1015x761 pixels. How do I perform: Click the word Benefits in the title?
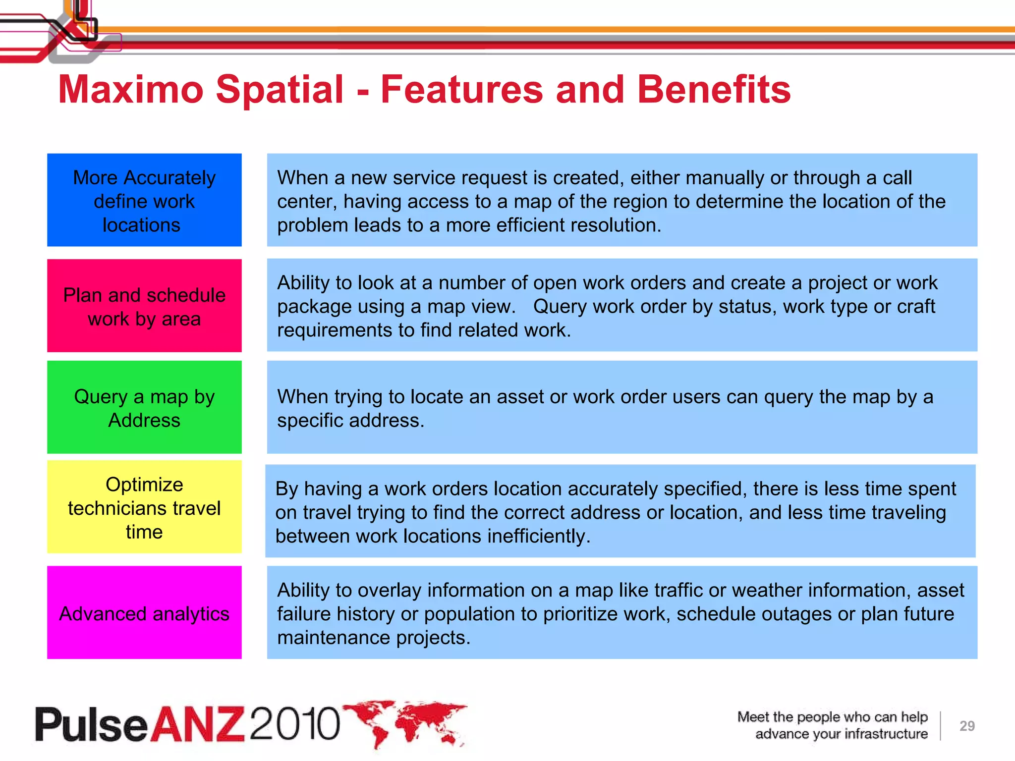coord(714,90)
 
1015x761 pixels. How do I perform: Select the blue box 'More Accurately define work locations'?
coord(144,200)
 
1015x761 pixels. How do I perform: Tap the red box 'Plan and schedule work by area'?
coord(144,306)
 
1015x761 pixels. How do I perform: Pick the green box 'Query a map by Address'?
coord(144,407)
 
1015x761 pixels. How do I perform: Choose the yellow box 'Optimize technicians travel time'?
coord(144,507)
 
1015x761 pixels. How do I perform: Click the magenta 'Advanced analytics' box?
coord(144,613)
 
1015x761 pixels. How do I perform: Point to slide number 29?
coord(967,726)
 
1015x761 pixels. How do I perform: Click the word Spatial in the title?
coord(280,90)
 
